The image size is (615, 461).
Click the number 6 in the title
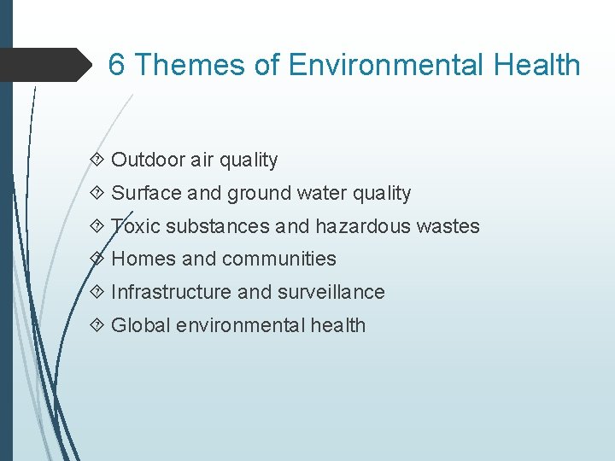tap(118, 65)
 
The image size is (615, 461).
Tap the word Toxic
tap(135, 226)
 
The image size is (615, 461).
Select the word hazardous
tap(363, 226)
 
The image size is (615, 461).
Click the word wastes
tap(448, 226)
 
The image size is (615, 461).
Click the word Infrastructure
tap(172, 292)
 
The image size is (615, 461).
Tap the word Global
tap(141, 325)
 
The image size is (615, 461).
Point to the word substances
tap(217, 226)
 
